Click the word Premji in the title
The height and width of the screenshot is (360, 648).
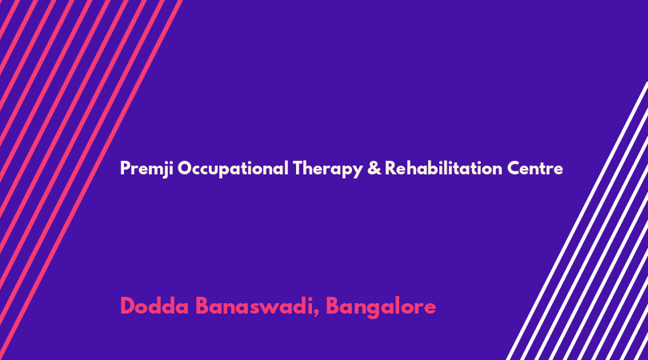coord(146,169)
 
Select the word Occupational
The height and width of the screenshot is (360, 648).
coord(233,169)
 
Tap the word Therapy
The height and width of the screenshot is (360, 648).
coord(328,169)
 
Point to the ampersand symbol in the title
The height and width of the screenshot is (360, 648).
coord(374,168)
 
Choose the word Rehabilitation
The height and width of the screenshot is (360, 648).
coord(443,168)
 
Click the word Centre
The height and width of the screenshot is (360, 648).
coord(534,169)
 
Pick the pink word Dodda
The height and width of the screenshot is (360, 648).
coord(154,306)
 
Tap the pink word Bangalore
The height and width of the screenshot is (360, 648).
coord(381,307)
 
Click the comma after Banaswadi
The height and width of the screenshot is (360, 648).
coord(316,314)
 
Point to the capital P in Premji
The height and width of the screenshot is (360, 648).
coord(125,168)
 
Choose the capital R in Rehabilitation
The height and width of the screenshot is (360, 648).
coord(390,168)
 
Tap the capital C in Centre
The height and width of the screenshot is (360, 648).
coord(514,168)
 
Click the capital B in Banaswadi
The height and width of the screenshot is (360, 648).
coord(202,306)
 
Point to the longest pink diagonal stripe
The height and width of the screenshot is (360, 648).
coord(90,180)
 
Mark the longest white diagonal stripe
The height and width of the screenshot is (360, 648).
coord(578,221)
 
